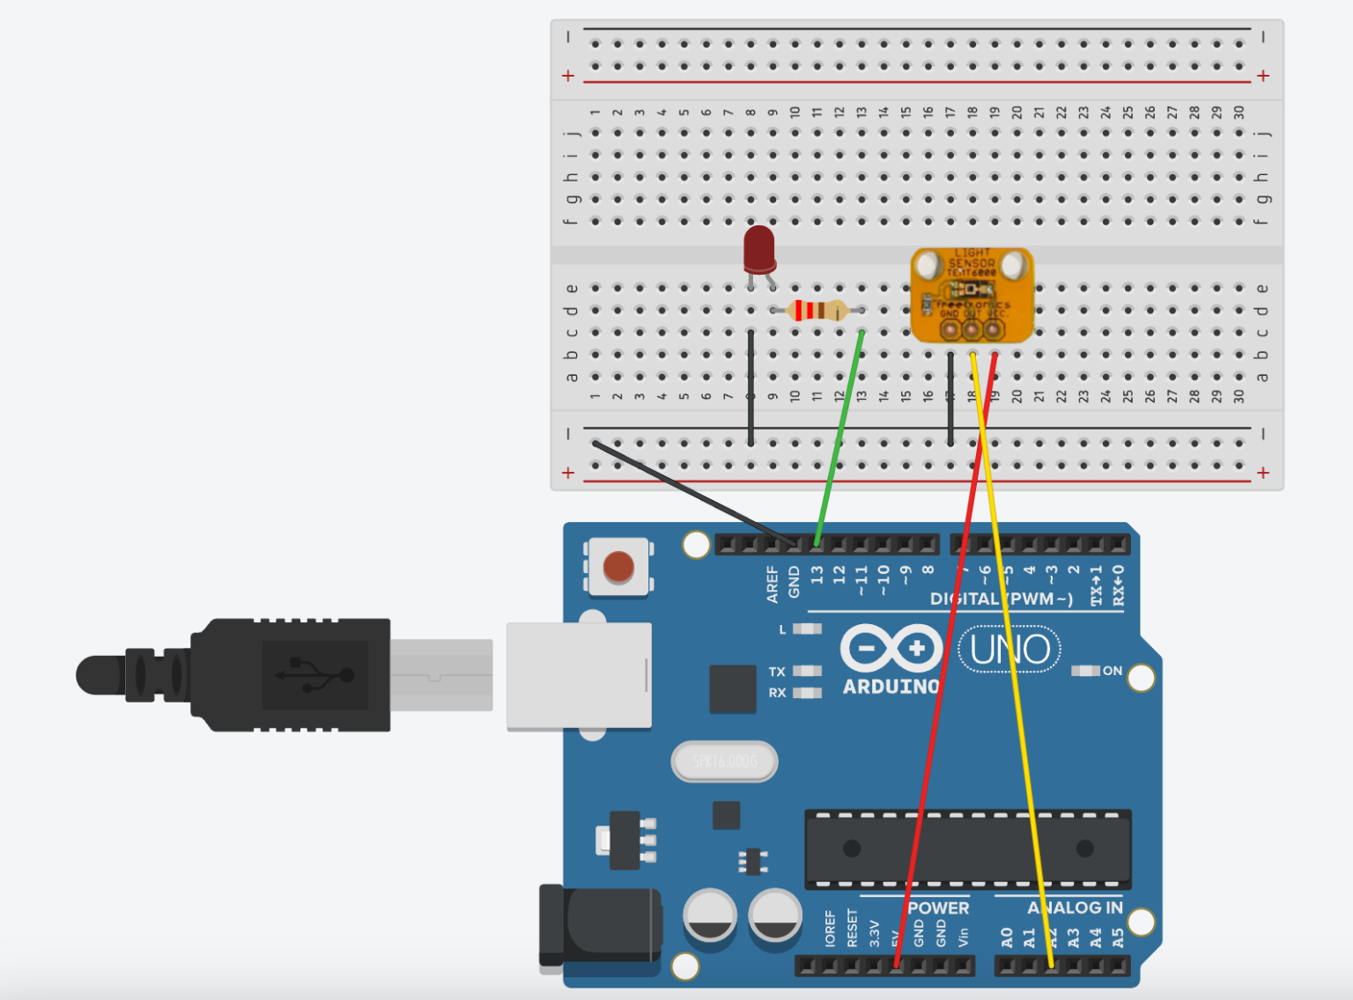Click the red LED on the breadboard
[759, 249]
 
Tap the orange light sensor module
[972, 295]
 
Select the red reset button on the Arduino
[618, 568]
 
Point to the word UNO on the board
[1009, 650]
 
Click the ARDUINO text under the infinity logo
[891, 687]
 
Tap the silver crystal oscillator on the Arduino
[724, 761]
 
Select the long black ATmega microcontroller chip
[967, 849]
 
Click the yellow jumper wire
[1013, 660]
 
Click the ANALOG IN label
[1075, 908]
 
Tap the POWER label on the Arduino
[938, 908]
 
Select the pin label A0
[1007, 937]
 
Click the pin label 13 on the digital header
[817, 575]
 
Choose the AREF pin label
[773, 585]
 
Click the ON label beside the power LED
[1113, 671]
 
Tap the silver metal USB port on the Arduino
[579, 676]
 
